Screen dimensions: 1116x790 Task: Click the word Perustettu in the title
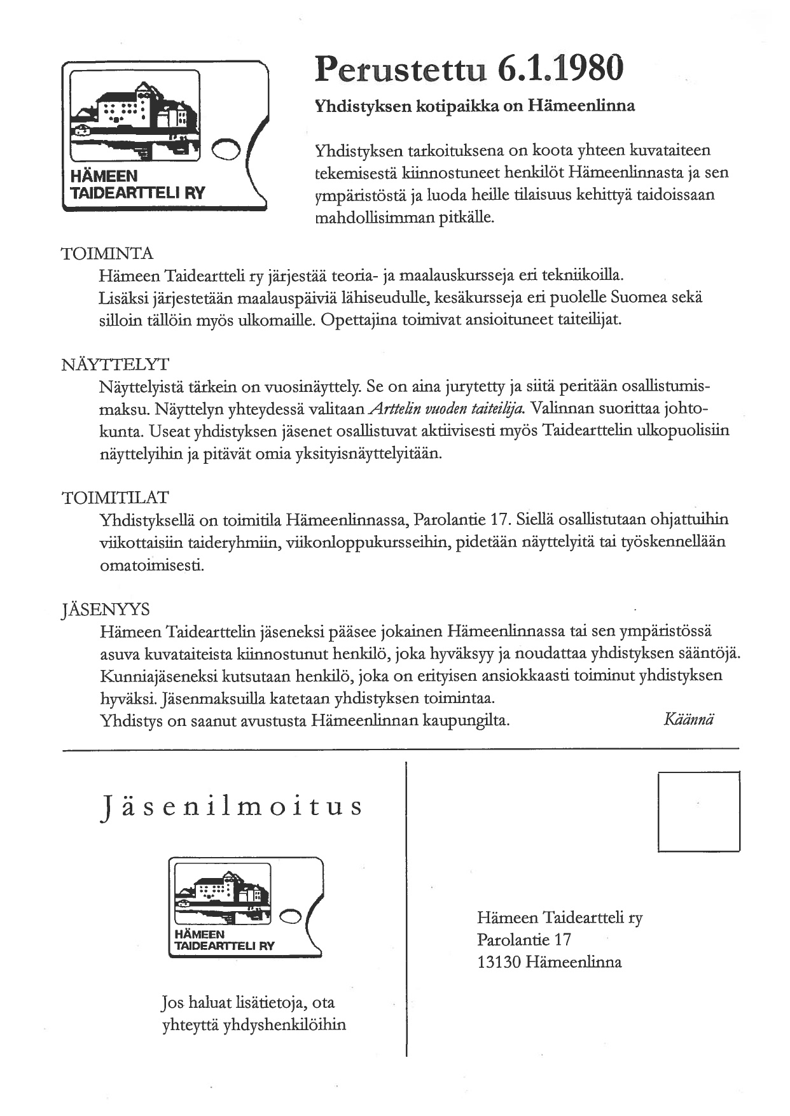(400, 70)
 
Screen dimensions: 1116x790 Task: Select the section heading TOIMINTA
(107, 254)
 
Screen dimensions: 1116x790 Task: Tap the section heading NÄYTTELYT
(115, 365)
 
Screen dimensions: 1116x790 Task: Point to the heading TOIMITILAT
(115, 498)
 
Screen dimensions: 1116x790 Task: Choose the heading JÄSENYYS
(106, 610)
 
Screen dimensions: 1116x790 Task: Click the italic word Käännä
(688, 720)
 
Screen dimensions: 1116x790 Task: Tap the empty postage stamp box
(698, 811)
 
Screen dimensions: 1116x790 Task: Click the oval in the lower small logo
(290, 916)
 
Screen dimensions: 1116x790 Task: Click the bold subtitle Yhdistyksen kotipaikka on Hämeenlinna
(475, 106)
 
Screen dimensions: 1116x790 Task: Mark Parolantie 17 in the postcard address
(524, 940)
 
